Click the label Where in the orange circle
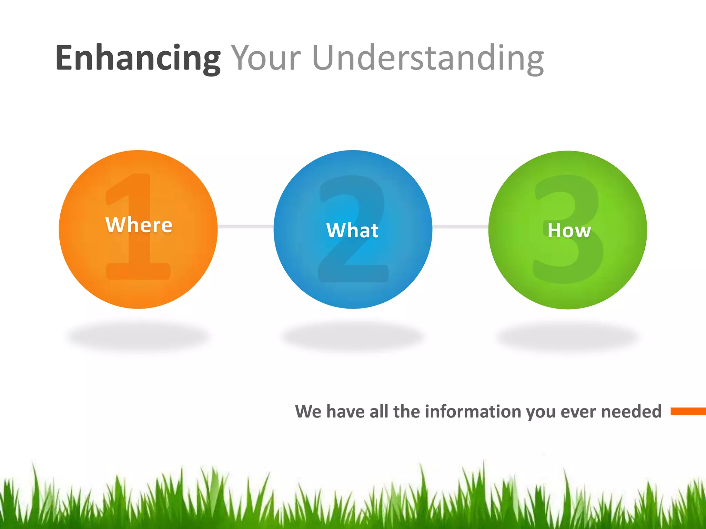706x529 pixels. point(139,225)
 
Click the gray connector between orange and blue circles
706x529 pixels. point(245,226)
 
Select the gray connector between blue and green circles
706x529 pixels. point(460,226)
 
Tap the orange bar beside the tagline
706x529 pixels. point(688,411)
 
